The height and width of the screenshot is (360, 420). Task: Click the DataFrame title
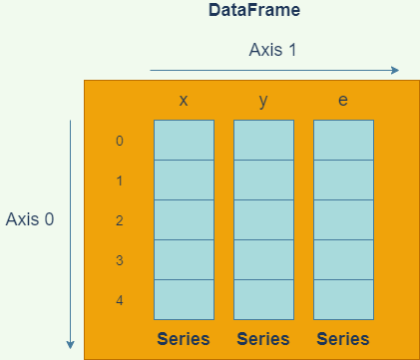click(x=254, y=11)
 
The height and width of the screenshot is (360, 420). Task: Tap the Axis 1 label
click(x=272, y=49)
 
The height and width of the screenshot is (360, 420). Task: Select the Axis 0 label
click(x=30, y=219)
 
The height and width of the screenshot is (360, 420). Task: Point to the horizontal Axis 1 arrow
click(x=274, y=70)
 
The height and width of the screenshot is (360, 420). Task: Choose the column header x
click(x=184, y=102)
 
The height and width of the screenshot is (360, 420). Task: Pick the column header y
click(x=263, y=102)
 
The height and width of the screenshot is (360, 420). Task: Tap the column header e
click(x=343, y=102)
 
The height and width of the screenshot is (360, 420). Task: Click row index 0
click(x=120, y=141)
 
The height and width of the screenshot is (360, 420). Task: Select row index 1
click(x=120, y=180)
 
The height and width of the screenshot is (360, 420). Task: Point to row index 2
click(x=120, y=220)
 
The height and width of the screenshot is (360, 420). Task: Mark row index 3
click(x=120, y=260)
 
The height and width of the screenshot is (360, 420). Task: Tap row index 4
click(x=120, y=300)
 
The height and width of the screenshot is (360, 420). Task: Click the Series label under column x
click(x=184, y=339)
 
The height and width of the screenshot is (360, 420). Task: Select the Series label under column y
click(x=263, y=339)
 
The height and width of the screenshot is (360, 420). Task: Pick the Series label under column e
click(x=343, y=339)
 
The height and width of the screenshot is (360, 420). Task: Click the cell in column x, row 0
click(x=184, y=140)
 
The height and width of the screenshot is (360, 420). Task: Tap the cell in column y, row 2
click(x=263, y=219)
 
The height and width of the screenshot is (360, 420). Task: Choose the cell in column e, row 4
click(x=343, y=299)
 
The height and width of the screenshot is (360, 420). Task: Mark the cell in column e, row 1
click(x=343, y=180)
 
